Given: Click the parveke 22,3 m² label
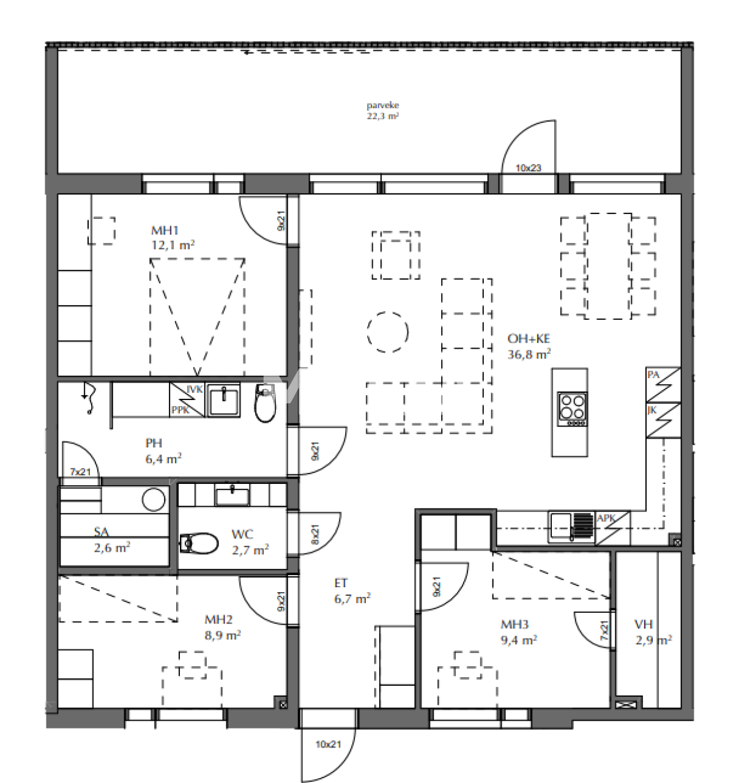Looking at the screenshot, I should (x=383, y=111).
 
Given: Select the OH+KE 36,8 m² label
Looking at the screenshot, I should (x=529, y=346).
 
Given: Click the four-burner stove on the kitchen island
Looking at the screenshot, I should (x=572, y=409).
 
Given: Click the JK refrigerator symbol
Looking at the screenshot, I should (x=663, y=420).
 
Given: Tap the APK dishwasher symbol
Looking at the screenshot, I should (x=612, y=528).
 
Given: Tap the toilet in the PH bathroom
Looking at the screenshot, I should (x=265, y=404).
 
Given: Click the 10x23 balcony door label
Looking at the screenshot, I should (x=528, y=168).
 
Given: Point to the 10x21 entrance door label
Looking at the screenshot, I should (x=328, y=744).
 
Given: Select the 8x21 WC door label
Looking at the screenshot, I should (x=314, y=535).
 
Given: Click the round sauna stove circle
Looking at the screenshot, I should (x=154, y=500).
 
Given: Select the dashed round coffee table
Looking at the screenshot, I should (x=388, y=332).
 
